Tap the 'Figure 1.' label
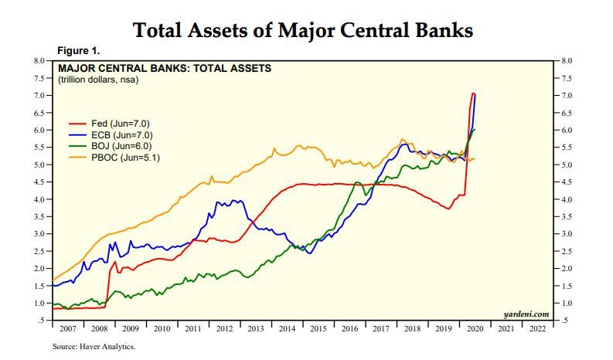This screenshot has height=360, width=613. point(79,51)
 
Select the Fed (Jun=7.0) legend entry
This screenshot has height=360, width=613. point(117,123)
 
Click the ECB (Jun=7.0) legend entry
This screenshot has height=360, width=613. point(117,134)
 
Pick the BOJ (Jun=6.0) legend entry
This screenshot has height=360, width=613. point(117,146)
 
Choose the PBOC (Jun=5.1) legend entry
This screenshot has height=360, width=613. point(119,158)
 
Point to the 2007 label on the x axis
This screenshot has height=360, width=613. point(67,329)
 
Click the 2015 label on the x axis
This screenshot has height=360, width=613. point(319,329)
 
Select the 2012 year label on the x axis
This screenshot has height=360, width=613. point(225,329)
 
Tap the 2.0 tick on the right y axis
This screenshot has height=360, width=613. point(566,268)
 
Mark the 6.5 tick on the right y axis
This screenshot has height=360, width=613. point(566,113)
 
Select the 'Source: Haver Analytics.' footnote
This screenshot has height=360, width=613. point(94,347)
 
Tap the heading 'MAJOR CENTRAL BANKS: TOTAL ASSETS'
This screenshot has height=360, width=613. point(165,68)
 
